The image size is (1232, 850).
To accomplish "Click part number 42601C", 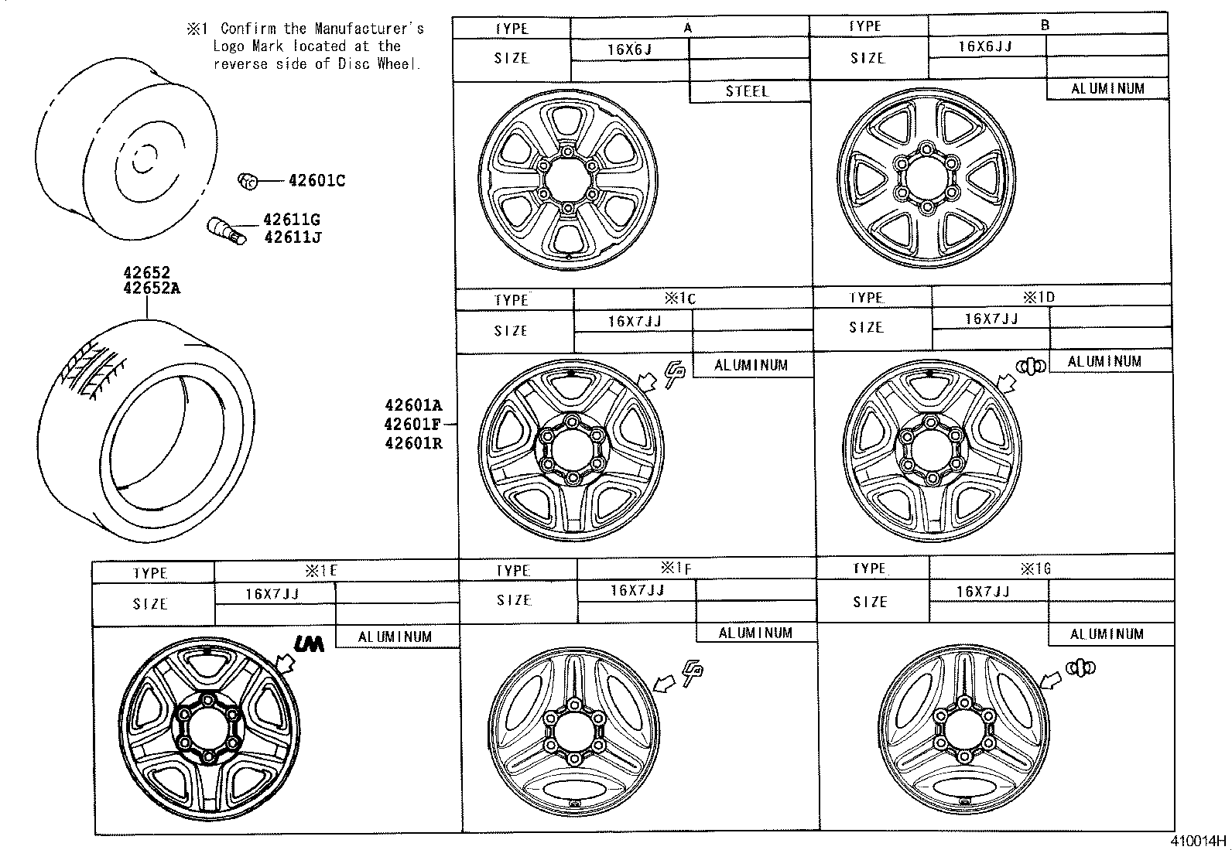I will pyautogui.click(x=316, y=181).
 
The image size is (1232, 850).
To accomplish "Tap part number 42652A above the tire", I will pyautogui.click(x=152, y=288).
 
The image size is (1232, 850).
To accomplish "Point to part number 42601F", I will pyautogui.click(x=413, y=424).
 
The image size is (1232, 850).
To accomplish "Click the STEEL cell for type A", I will pyautogui.click(x=748, y=91).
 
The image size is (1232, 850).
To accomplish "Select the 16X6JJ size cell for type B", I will pyautogui.click(x=985, y=46).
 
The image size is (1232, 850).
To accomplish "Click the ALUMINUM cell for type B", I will pyautogui.click(x=1107, y=89).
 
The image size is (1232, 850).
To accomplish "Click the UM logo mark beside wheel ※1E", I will pyautogui.click(x=309, y=643).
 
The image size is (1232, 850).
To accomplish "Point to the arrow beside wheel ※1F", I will pyautogui.click(x=664, y=683).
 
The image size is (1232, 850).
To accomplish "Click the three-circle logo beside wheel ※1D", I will pyautogui.click(x=1031, y=365).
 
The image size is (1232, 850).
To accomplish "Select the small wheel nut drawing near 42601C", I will pyautogui.click(x=246, y=181).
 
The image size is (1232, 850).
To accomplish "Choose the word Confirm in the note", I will pyautogui.click(x=248, y=29).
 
